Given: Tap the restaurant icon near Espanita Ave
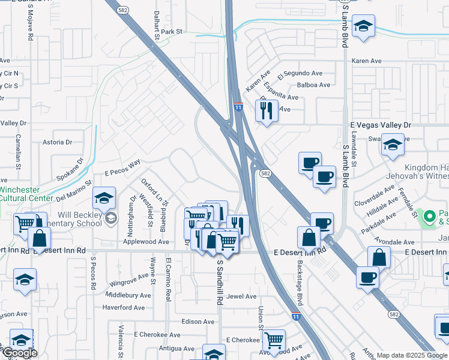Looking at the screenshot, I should click(265, 110).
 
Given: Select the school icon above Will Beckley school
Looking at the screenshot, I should click(104, 198).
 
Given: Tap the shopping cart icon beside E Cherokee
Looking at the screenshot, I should click(274, 340).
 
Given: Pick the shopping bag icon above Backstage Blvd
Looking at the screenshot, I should click(309, 237).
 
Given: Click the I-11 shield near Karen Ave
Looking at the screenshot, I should click(238, 107).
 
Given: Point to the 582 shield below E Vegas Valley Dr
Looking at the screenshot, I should click(265, 173).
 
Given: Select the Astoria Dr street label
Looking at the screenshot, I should click(58, 142).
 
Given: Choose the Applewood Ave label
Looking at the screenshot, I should click(146, 242).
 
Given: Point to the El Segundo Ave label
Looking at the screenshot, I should click(300, 74).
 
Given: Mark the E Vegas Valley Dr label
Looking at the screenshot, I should click(381, 124).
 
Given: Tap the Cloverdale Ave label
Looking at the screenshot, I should click(374, 195).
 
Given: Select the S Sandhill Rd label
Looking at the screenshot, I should click(220, 282).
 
